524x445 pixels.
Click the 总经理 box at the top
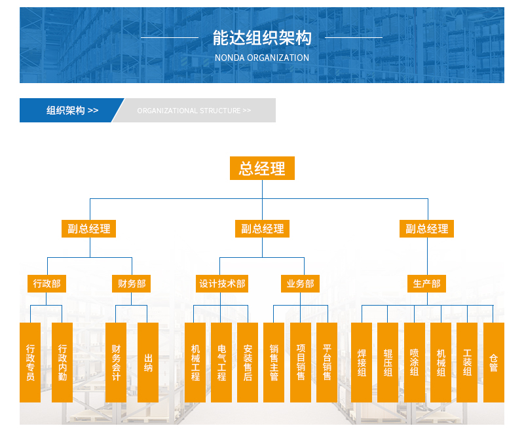click(262, 168)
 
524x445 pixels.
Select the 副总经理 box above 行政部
click(89, 228)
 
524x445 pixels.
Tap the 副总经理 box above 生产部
click(427, 228)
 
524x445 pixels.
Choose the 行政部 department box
click(47, 284)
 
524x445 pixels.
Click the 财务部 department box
click(132, 284)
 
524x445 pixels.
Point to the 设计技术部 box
click(222, 284)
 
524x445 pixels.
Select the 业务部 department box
click(301, 284)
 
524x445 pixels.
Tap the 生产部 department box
click(427, 284)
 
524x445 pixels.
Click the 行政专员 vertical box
click(30, 362)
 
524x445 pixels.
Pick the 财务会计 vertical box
click(116, 362)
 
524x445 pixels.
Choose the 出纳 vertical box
click(148, 362)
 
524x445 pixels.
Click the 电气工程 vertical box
click(221, 362)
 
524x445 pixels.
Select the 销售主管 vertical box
click(274, 362)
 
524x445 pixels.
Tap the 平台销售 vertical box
click(327, 362)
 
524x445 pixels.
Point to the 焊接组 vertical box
click(362, 362)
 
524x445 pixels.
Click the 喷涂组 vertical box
click(414, 362)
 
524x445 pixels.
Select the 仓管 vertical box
click(493, 362)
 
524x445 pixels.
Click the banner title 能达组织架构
click(262, 38)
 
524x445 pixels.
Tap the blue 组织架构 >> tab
click(71, 110)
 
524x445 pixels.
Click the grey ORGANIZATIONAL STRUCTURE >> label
click(194, 111)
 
